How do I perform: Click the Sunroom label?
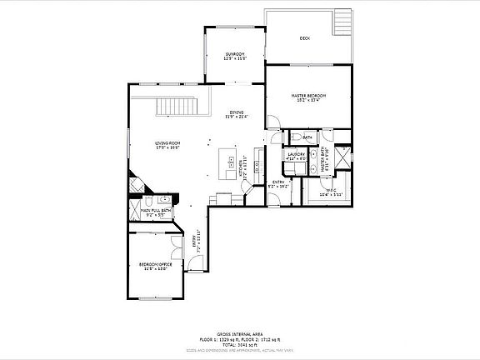[235, 57]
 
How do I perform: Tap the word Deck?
[305, 38]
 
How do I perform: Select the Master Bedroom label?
[307, 97]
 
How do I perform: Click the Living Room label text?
[167, 145]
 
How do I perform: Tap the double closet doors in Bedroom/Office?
[173, 246]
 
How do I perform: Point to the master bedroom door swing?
[272, 124]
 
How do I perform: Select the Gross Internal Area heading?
[239, 332]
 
